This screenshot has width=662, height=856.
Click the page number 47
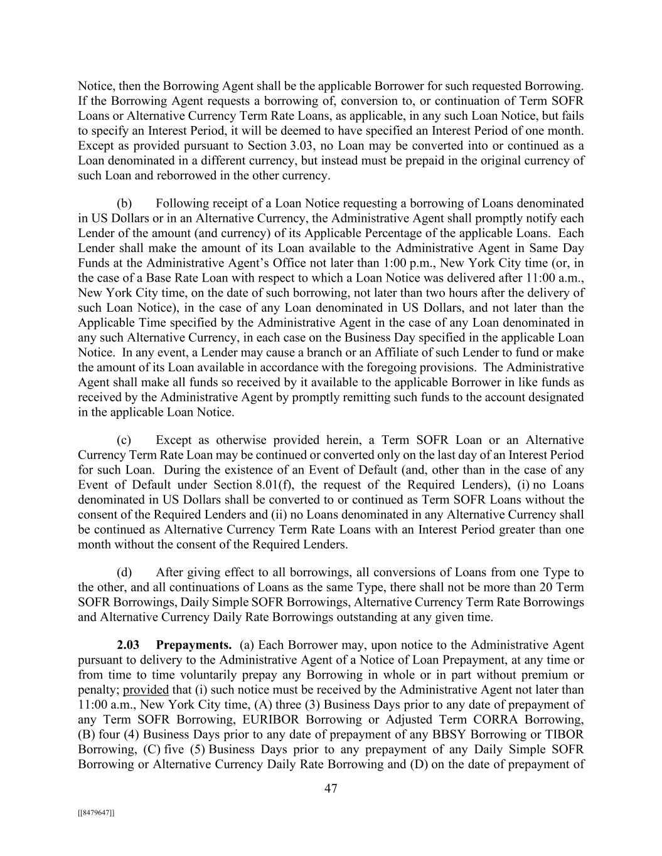(x=331, y=789)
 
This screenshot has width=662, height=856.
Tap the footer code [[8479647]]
(x=96, y=813)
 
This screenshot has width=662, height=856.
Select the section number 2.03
(x=128, y=645)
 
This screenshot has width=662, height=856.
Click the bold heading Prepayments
(x=194, y=645)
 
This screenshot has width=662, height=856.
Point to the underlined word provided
(x=146, y=690)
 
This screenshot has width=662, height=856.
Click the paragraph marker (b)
(x=124, y=203)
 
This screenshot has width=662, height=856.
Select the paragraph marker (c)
(x=124, y=440)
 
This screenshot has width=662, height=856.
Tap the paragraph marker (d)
(x=124, y=573)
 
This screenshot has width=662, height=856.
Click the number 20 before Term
(x=545, y=588)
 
